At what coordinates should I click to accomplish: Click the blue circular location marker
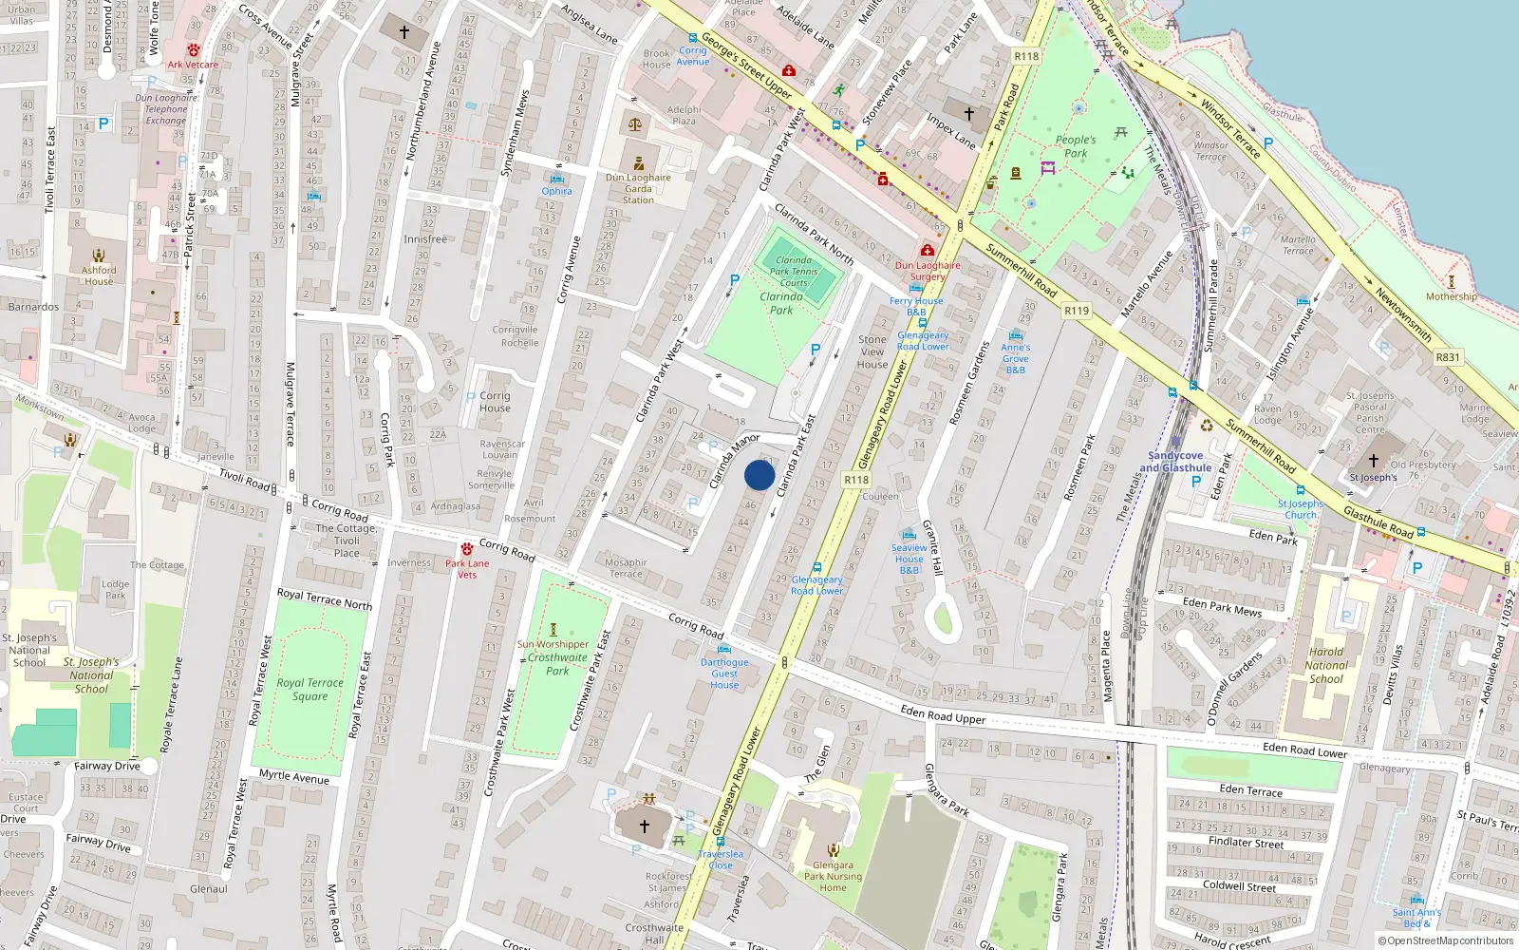(x=759, y=475)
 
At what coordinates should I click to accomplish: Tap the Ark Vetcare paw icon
(x=194, y=50)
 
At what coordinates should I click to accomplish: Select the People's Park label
(x=1076, y=146)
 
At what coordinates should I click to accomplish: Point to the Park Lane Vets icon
(x=467, y=549)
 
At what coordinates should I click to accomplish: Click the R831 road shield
(x=1448, y=357)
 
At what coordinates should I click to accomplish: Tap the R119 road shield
(x=1077, y=311)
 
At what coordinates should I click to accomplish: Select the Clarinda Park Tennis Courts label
(x=794, y=271)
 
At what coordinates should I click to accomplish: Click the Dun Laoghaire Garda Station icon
(x=639, y=163)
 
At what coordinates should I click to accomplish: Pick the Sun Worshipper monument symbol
(x=553, y=629)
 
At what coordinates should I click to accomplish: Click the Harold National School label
(x=1326, y=665)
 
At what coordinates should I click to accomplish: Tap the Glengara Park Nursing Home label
(x=833, y=876)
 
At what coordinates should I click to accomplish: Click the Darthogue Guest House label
(x=724, y=674)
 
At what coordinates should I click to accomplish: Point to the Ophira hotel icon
(x=557, y=179)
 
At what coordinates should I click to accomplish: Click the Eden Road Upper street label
(x=943, y=713)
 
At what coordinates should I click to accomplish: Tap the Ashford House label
(x=99, y=275)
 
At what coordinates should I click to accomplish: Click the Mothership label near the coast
(x=1451, y=296)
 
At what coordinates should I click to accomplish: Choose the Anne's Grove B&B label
(x=1015, y=358)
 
